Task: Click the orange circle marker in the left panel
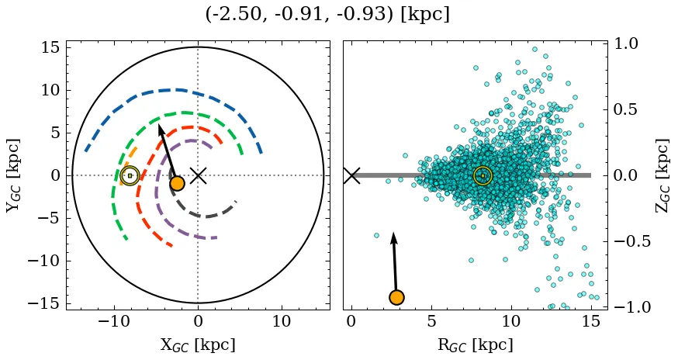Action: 177,183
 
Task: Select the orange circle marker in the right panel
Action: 396,297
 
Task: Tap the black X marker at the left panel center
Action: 198,175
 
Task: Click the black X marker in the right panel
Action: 351,175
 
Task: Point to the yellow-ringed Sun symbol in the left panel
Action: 130,175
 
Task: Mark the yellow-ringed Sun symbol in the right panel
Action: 483,176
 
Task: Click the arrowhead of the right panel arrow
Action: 393,237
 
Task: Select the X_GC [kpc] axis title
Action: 198,345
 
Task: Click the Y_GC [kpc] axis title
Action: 12,175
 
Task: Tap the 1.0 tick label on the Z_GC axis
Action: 628,43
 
